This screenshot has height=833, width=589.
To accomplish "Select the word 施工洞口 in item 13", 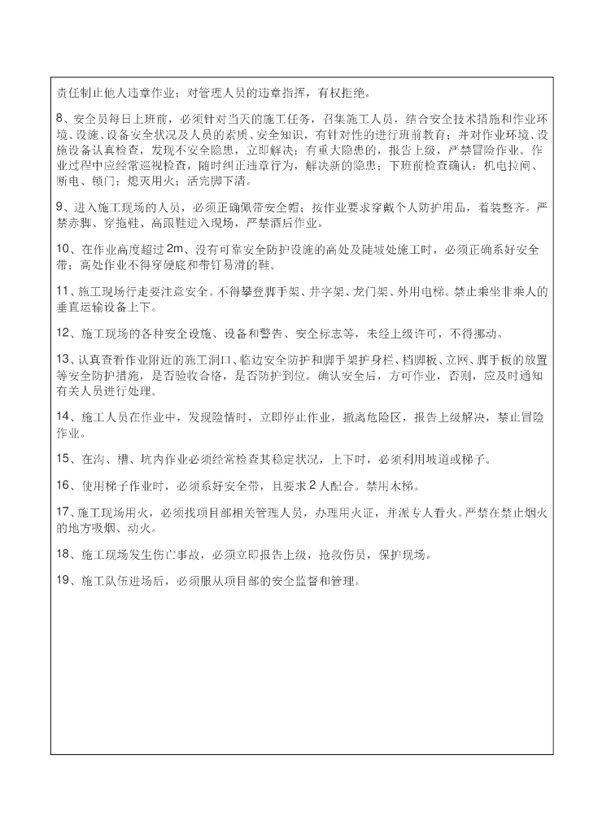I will (208, 360).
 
